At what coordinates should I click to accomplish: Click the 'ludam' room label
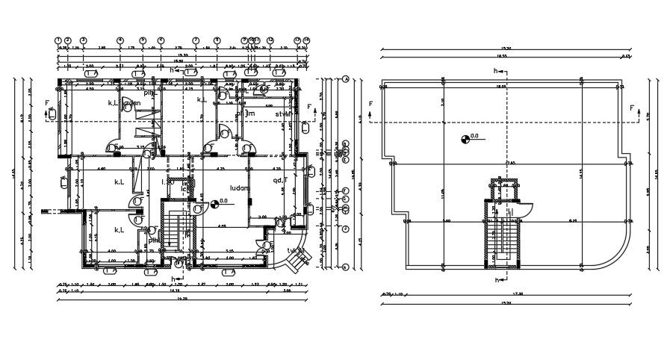coord(239,188)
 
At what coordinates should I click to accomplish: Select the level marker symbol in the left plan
coord(215,202)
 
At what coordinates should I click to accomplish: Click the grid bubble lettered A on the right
coord(347,78)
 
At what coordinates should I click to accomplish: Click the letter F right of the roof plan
coord(631,109)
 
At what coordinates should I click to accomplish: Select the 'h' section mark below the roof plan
coord(496,280)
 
